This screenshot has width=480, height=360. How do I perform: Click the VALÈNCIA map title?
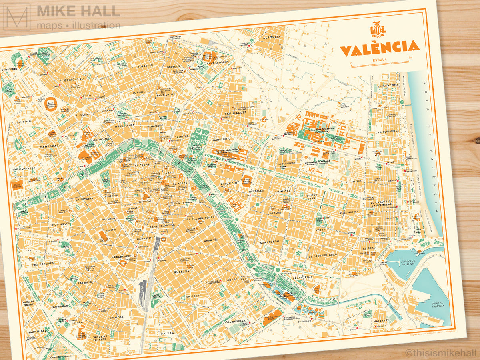tap(380, 48)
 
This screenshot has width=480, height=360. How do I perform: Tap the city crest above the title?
tap(378, 29)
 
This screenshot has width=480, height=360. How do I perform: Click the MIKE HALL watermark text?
tap(78, 11)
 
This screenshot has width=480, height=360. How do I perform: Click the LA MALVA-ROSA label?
tap(387, 131)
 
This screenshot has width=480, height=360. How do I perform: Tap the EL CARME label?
tap(142, 165)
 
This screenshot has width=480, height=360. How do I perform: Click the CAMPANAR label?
tap(50, 146)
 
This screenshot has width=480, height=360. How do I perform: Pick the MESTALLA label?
tap(256, 191)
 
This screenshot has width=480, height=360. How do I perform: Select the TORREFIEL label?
tap(146, 65)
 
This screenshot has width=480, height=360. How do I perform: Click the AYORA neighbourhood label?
tap(320, 230)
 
